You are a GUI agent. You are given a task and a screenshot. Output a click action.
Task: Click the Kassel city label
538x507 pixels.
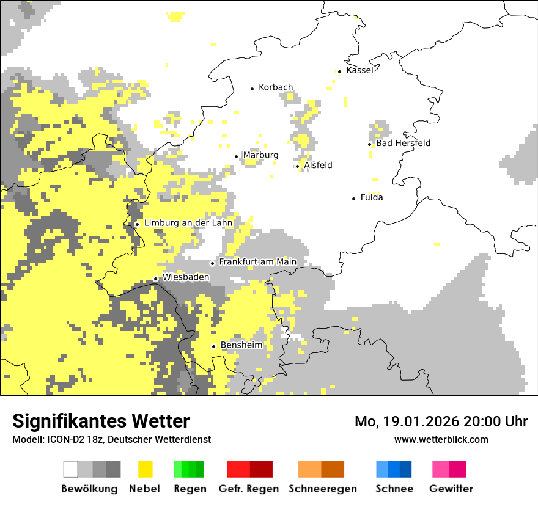coord(359,70)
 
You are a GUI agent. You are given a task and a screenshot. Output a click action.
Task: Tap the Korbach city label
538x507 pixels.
coord(276,87)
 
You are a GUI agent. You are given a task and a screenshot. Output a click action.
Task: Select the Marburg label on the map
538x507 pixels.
coord(260,155)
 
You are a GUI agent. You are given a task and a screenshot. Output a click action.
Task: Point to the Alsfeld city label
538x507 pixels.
coord(318,165)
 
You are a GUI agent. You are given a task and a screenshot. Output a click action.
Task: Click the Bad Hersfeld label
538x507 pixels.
coord(403,143)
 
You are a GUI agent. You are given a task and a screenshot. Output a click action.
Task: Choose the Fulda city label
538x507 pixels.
coord(372,197)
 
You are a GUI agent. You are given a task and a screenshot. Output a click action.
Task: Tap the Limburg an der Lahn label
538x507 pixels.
coord(188,223)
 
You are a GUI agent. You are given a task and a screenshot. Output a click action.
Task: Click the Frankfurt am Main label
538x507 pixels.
coord(257,262)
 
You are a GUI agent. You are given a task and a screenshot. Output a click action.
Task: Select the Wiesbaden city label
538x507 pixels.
coord(186,277)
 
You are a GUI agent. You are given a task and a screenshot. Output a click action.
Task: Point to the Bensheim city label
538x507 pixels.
coord(241,345)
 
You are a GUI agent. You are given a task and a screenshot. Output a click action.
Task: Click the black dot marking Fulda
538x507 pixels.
coord(354,199)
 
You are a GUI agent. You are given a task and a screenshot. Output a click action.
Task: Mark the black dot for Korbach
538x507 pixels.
coord(252,89)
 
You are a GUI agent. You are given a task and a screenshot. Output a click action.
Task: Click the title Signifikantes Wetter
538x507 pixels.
coord(101,421)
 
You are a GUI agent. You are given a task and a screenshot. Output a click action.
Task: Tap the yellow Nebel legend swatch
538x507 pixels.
coord(146,469)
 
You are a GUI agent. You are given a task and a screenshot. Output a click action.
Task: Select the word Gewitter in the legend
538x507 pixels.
coord(451,489)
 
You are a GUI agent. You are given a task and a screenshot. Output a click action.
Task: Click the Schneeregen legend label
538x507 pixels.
coord(323,489)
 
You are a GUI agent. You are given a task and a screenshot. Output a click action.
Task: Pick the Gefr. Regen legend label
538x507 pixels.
coord(249,489)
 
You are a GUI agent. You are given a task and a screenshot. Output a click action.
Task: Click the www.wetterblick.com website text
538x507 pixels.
coord(441,439)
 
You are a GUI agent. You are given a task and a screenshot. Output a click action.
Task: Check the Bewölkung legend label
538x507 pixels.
coord(89,489)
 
